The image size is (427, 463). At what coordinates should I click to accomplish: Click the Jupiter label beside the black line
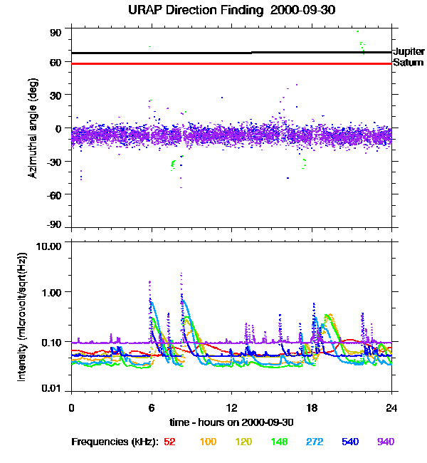tap(408, 52)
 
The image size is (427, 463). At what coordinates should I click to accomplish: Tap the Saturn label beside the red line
tap(407, 63)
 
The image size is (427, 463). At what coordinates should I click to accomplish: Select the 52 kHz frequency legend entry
tap(169, 442)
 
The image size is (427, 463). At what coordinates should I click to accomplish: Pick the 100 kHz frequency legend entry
tap(208, 442)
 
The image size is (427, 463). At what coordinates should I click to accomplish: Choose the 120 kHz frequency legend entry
tap(244, 442)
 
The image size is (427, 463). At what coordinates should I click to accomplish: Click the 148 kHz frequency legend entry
tap(280, 442)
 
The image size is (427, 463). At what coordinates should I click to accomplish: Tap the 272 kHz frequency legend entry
tap(315, 442)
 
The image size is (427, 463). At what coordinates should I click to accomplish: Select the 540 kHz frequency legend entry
tap(351, 442)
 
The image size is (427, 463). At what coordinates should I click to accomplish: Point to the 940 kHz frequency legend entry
tap(386, 442)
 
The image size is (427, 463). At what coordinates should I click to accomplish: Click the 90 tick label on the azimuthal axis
tap(56, 33)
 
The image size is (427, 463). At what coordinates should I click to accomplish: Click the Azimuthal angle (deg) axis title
tap(32, 128)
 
